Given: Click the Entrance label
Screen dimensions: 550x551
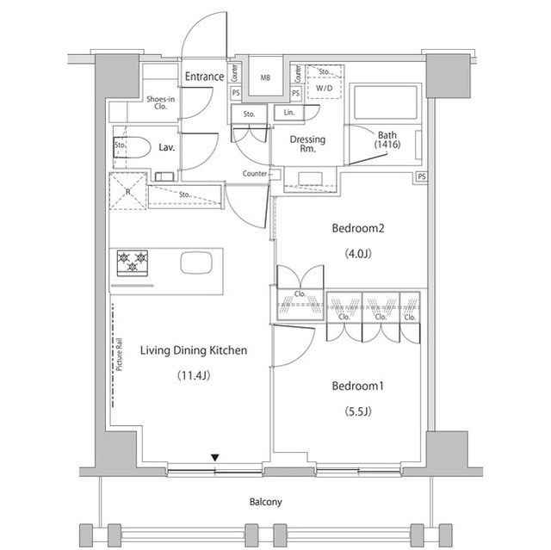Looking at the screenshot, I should coord(204,77).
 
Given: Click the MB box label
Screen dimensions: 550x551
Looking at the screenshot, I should coord(265,77).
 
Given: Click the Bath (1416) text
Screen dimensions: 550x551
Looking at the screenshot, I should coord(387,139).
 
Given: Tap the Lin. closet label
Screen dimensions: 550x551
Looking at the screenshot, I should coord(287,113).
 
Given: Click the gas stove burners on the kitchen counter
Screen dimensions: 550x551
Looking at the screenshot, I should coord(133,261).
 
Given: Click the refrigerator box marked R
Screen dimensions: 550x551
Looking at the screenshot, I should coord(127,191).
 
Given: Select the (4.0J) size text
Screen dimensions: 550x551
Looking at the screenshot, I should coord(355,253).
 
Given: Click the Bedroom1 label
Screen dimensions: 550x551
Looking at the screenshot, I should coord(357,386).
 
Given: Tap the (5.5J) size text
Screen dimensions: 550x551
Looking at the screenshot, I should coord(357,411).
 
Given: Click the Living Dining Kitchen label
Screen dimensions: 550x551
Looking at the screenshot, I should coord(194,350).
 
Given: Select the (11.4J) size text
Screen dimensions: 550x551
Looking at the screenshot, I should coord(194,375).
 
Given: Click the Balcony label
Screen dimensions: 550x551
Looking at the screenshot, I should coord(266,502).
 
